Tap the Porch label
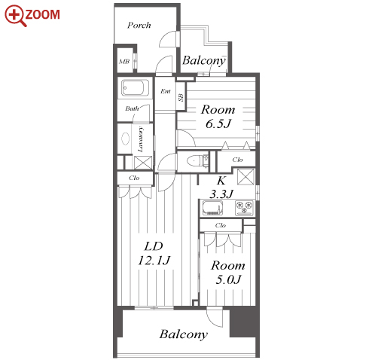(x=139, y=25)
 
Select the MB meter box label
(x=124, y=61)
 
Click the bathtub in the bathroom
(x=135, y=88)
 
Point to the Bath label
(x=132, y=108)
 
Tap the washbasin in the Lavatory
(x=126, y=139)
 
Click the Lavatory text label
(x=141, y=139)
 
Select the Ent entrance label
(x=166, y=91)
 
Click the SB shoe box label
(x=181, y=97)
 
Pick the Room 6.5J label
(x=218, y=117)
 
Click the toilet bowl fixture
(x=195, y=160)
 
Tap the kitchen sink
(x=212, y=208)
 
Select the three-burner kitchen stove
(x=245, y=208)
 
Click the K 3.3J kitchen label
(x=221, y=188)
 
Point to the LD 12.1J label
(x=154, y=253)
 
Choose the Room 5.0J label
(x=228, y=273)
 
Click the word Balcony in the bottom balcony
(x=184, y=334)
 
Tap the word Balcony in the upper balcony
(x=204, y=61)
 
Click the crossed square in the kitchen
(x=245, y=177)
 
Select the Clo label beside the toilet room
(x=237, y=160)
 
